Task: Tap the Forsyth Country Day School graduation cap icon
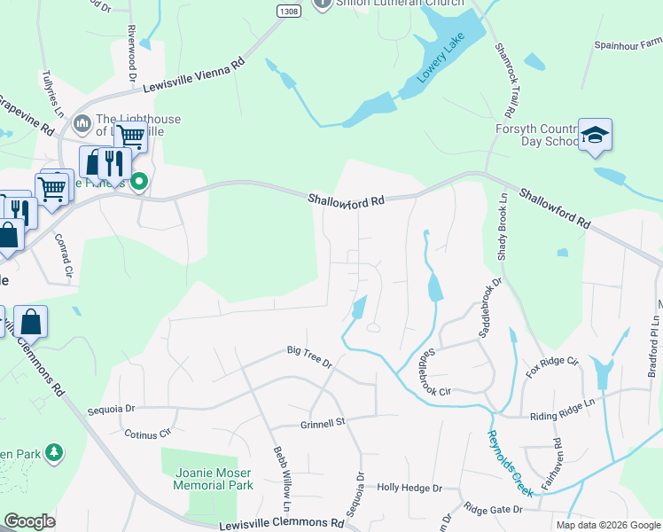(596, 134)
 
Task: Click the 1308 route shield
(287, 10)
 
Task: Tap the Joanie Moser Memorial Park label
(214, 479)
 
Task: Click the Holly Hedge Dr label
(409, 488)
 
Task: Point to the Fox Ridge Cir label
(552, 367)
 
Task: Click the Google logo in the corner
(29, 521)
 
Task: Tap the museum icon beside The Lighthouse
(82, 122)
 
